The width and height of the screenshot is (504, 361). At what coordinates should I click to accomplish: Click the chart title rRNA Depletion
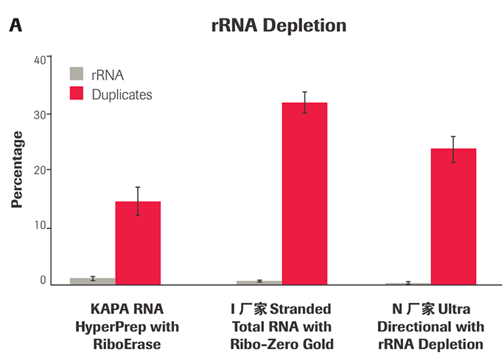click(x=278, y=26)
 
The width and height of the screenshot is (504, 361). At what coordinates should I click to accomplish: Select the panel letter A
click(x=15, y=27)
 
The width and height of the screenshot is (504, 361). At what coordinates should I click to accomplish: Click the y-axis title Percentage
click(x=17, y=169)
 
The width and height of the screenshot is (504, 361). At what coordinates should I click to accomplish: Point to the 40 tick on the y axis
click(x=41, y=59)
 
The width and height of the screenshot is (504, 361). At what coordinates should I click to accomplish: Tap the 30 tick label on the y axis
click(x=41, y=114)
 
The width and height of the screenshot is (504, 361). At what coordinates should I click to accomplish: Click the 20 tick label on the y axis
click(x=41, y=169)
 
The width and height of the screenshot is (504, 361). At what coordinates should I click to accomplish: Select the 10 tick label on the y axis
click(x=41, y=227)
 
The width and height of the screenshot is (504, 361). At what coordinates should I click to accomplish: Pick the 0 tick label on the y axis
click(x=43, y=281)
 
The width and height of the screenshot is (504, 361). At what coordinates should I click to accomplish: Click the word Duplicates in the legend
click(x=122, y=94)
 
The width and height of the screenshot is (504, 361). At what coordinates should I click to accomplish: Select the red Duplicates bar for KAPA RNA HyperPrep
click(x=138, y=242)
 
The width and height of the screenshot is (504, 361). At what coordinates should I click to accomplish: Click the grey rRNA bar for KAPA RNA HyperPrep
click(x=93, y=281)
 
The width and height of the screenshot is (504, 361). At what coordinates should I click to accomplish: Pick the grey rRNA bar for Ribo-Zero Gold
click(x=259, y=282)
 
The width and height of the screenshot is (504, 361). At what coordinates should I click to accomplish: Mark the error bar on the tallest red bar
click(x=304, y=102)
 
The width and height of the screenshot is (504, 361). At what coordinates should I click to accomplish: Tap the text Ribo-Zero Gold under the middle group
click(x=281, y=343)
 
